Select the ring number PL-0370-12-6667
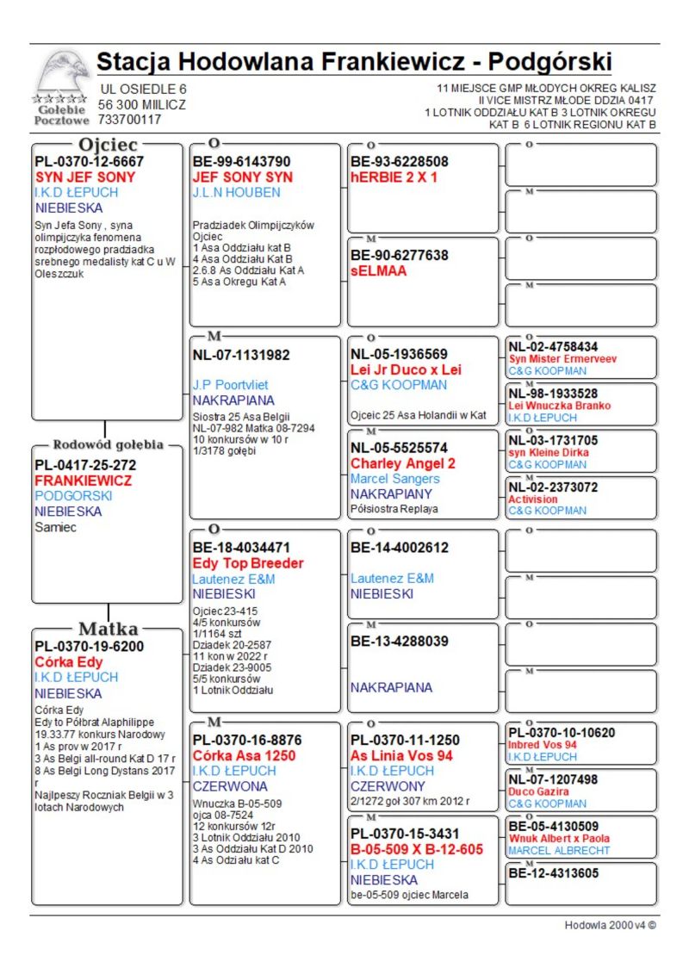click(x=89, y=161)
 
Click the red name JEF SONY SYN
click(x=243, y=177)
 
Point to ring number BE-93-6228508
click(x=400, y=161)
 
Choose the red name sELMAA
click(x=378, y=270)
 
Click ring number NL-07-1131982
click(x=241, y=354)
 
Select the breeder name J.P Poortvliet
click(x=230, y=385)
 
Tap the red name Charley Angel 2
click(x=403, y=463)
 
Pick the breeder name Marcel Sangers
click(x=394, y=479)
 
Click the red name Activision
click(x=533, y=499)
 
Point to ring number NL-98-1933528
click(x=553, y=394)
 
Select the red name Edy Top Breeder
click(x=248, y=563)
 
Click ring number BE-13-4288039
click(x=400, y=641)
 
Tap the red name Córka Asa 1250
click(x=245, y=755)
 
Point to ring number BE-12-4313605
click(x=553, y=872)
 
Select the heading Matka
click(x=108, y=629)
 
